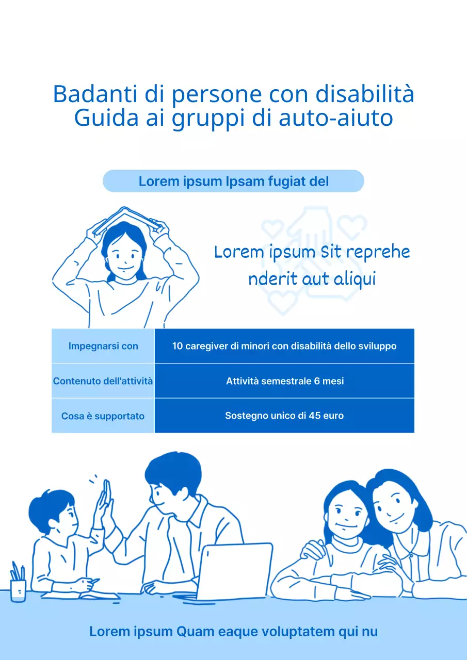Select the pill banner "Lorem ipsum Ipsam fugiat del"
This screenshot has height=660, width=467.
pyautogui.click(x=233, y=181)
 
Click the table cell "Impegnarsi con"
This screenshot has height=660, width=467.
pyautogui.click(x=103, y=346)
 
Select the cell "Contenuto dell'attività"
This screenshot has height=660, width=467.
pyautogui.click(x=103, y=381)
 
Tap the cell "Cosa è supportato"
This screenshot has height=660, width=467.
pyautogui.click(x=103, y=416)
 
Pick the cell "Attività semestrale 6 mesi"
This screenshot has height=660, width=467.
pyautogui.click(x=284, y=381)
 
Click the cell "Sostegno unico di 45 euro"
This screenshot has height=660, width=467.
pyautogui.click(x=284, y=416)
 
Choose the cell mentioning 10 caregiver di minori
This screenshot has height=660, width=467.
pyautogui.click(x=284, y=346)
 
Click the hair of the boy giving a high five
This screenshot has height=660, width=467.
pyautogui.click(x=49, y=503)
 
